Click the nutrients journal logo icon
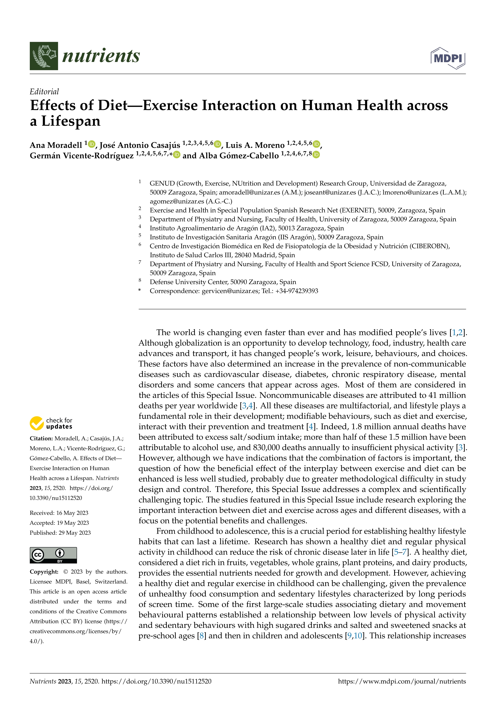[x=44, y=56]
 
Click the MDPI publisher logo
[x=448, y=58]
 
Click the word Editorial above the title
[x=44, y=92]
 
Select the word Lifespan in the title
[x=71, y=121]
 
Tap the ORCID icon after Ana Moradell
[x=92, y=144]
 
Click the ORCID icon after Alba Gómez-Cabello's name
[x=316, y=155]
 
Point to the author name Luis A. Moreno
[x=255, y=145]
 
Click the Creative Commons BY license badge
[x=53, y=555]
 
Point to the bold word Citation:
[x=41, y=438]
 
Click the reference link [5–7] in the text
[x=400, y=552]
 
